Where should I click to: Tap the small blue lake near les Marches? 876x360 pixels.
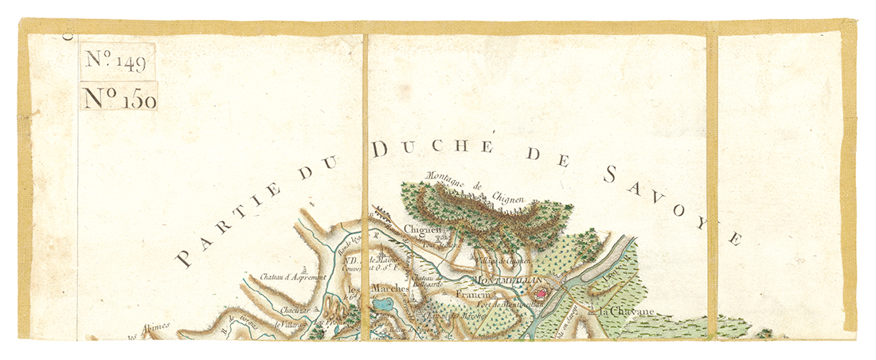point(383,303)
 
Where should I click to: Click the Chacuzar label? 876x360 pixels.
point(290,308)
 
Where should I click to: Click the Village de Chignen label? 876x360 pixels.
point(503,260)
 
